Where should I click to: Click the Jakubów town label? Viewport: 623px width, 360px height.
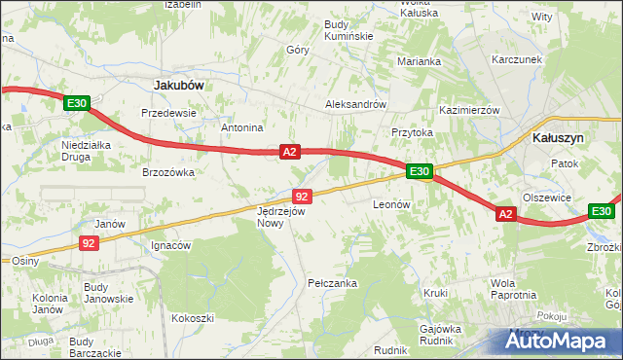click(x=179, y=86)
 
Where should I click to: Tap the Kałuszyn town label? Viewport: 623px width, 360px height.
click(x=559, y=138)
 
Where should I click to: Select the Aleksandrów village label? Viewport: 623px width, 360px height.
click(x=356, y=105)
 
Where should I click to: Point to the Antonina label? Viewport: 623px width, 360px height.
click(x=243, y=127)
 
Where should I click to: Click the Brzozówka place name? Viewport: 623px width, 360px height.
click(x=169, y=172)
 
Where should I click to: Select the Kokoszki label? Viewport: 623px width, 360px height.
click(x=192, y=318)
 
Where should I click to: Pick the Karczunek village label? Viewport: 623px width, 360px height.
click(x=516, y=59)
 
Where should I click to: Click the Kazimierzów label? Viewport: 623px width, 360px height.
click(x=469, y=111)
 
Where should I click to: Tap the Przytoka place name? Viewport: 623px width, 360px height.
click(x=412, y=132)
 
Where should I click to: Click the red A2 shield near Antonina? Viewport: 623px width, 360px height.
click(x=289, y=152)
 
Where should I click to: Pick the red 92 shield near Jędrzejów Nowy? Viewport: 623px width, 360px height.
click(x=302, y=197)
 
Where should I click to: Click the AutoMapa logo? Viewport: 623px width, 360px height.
click(x=563, y=341)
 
